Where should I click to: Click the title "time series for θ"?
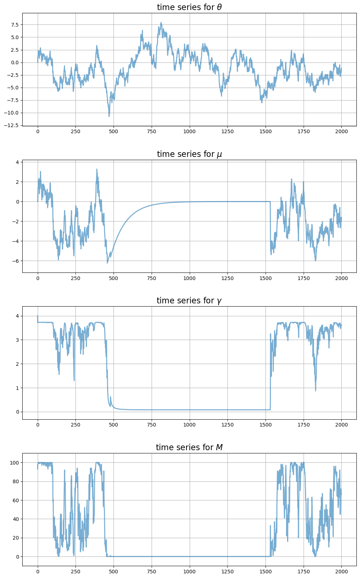(x=189, y=7)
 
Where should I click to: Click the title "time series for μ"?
(x=189, y=154)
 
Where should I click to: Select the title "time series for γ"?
(x=189, y=300)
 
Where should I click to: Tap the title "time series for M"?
(x=189, y=447)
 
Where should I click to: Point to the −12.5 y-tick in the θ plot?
(x=13, y=125)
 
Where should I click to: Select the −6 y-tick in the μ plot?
(x=15, y=261)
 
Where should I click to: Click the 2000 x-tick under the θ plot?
(x=341, y=131)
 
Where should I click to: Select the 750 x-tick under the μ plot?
(x=151, y=278)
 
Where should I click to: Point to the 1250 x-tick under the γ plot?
(x=227, y=425)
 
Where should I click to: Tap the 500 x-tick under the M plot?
(x=114, y=572)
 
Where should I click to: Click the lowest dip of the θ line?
(x=109, y=116)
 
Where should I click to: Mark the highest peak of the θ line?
(x=161, y=23)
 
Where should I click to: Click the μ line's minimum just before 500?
(x=107, y=263)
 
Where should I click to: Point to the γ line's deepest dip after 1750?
(x=315, y=391)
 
